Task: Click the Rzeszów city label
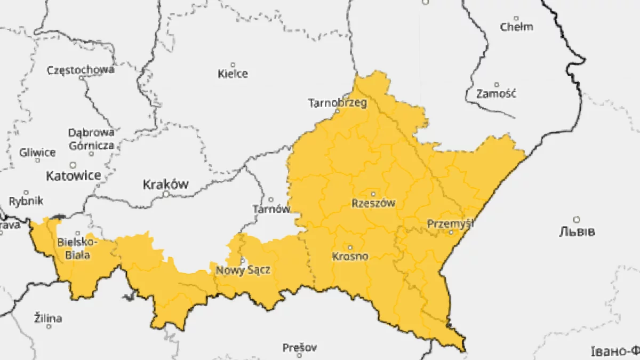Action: [373, 203]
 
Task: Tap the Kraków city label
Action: [166, 185]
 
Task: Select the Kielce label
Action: [233, 74]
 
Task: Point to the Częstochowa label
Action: [81, 70]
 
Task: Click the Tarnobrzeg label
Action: [338, 103]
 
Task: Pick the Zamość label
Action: [496, 94]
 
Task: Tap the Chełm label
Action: [516, 27]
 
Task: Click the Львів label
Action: [577, 232]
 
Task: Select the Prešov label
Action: [300, 348]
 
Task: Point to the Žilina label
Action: [48, 318]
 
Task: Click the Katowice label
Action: [73, 175]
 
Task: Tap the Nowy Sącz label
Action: [243, 270]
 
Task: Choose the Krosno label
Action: [350, 257]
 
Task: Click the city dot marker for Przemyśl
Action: [451, 232]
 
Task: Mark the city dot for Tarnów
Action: [271, 199]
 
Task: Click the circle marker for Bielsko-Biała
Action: [78, 233]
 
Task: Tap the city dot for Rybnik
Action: [26, 193]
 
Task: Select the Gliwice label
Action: [37, 153]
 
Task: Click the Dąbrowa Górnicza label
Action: [91, 139]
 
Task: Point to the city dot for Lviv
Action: [577, 219]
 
